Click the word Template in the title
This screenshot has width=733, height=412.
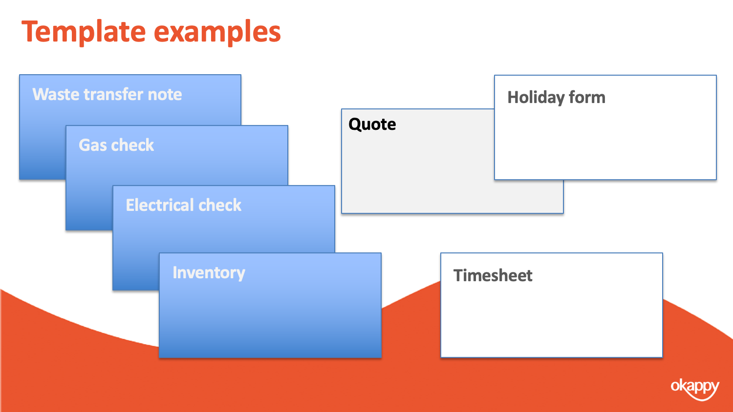pos(84,32)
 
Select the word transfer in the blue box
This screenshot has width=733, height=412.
pos(113,95)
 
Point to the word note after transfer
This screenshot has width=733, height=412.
pos(165,95)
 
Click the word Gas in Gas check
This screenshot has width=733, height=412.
pos(93,145)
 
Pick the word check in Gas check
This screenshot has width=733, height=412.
pos(132,145)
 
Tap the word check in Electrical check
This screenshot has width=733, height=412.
pos(220,205)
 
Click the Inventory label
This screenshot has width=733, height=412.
pos(209,273)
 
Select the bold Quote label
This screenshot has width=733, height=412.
pos(372,124)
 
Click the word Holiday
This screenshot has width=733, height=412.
pos(536,98)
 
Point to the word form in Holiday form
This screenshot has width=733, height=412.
pos(587,97)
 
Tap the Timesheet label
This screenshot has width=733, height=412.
pos(493,275)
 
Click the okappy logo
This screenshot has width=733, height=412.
pos(695,389)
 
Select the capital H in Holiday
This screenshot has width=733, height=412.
pos(513,98)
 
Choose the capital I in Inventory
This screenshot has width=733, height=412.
pos(175,272)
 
